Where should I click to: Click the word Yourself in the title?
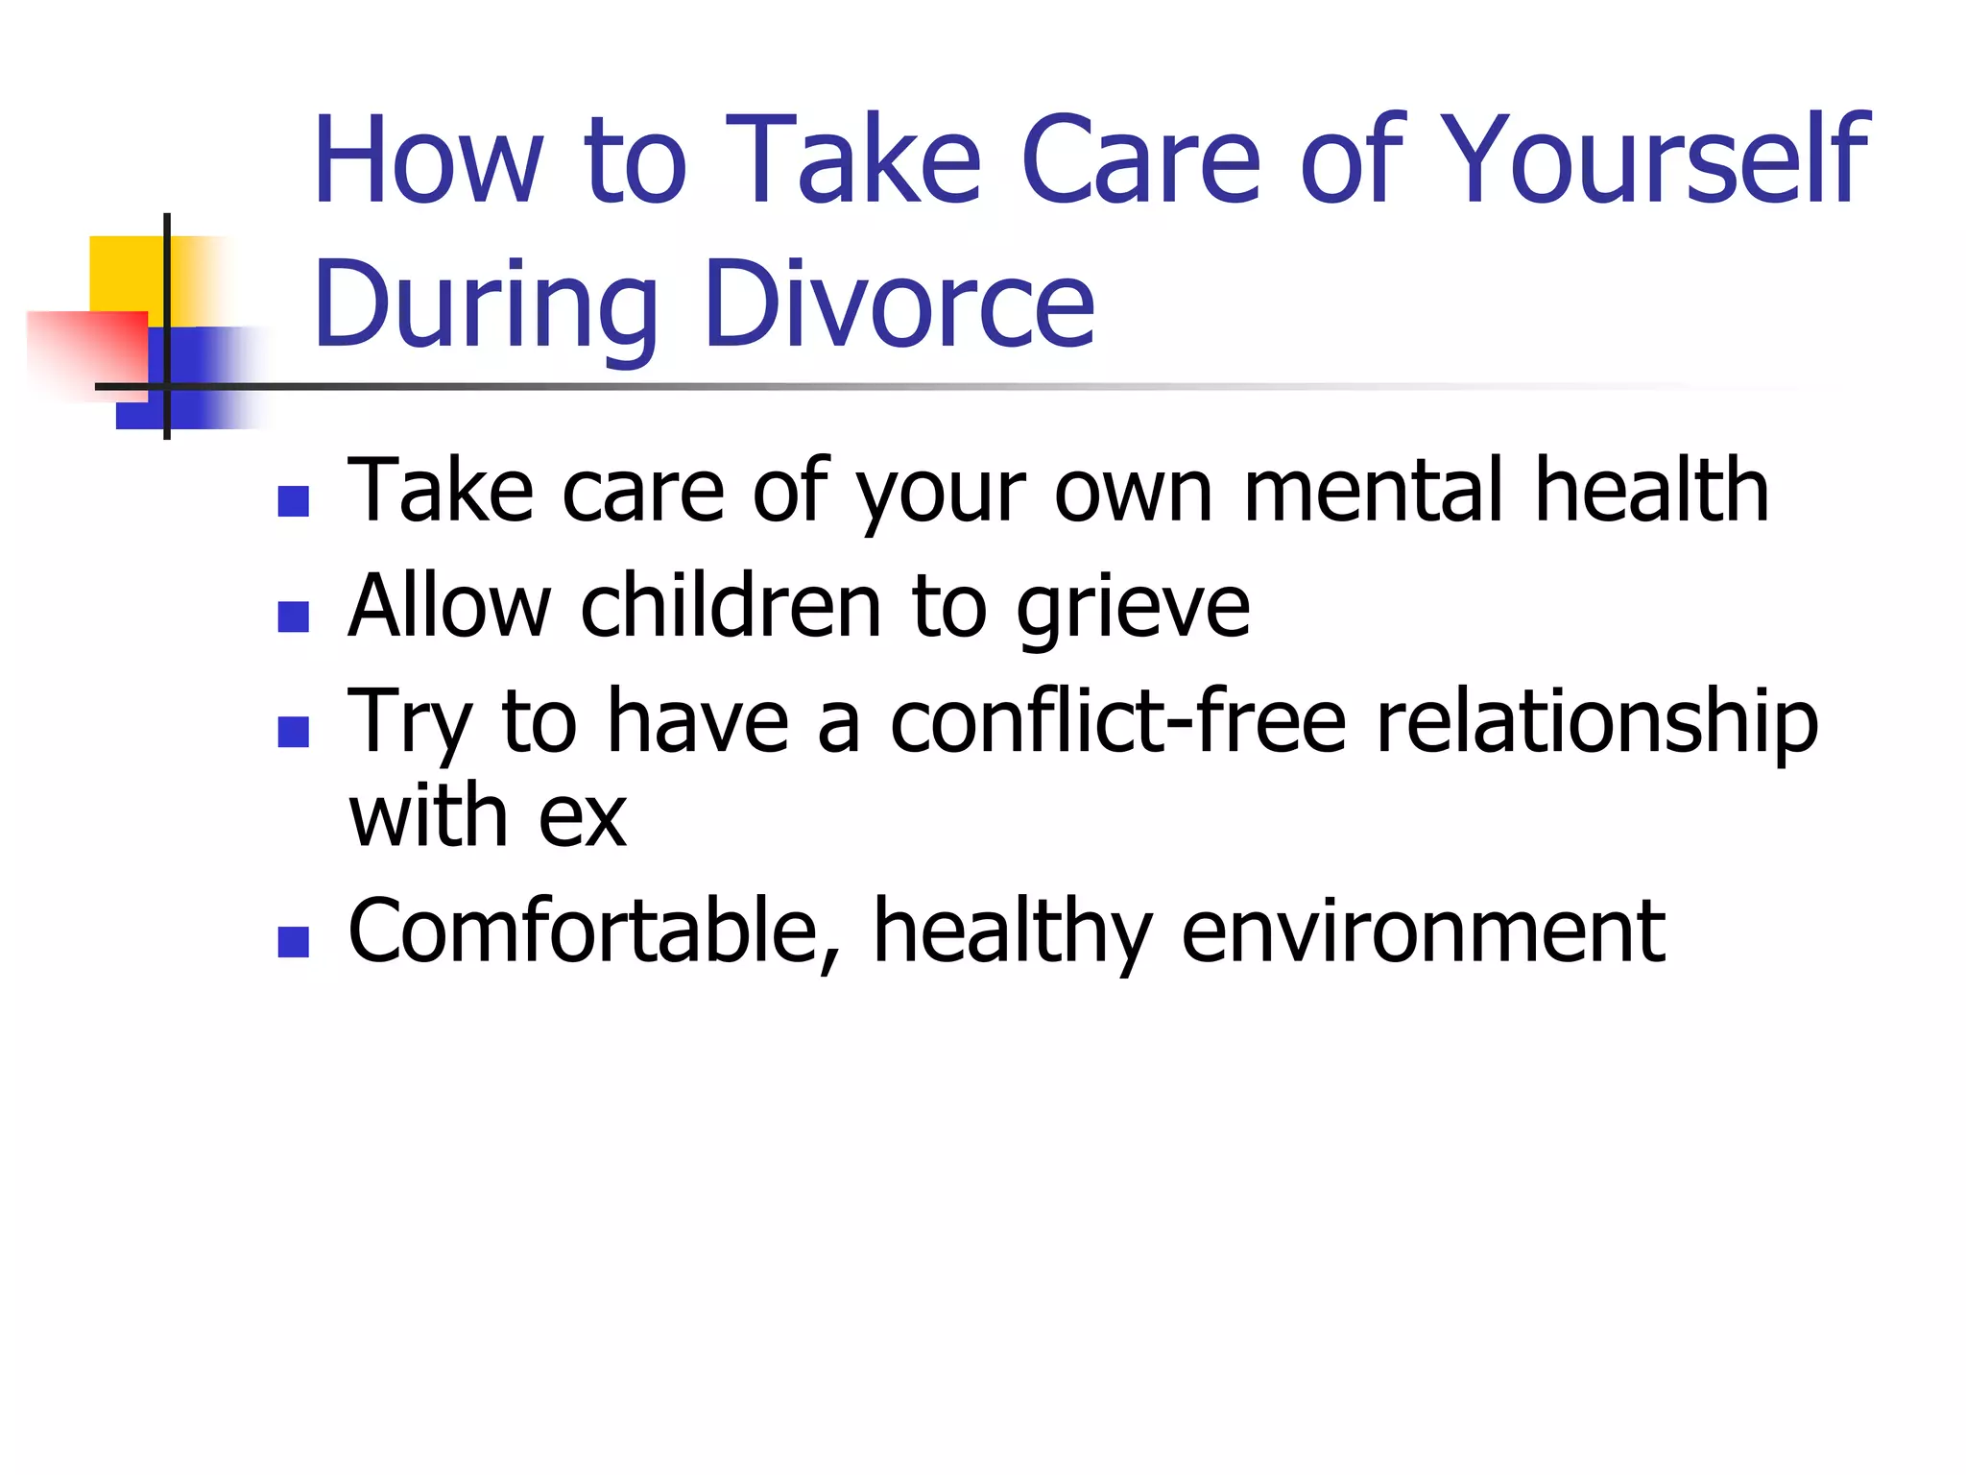1652,160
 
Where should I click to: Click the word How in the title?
428,160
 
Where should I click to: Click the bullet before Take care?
293,500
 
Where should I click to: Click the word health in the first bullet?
1651,491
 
